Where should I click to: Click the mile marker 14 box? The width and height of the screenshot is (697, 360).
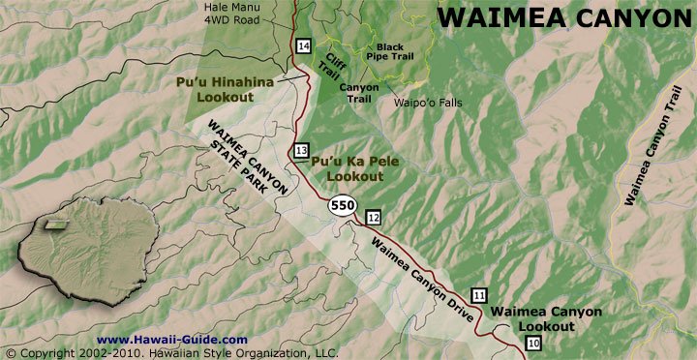(304, 47)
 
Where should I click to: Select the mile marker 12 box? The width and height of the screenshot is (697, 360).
(374, 216)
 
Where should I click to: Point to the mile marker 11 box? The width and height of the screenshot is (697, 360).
(479, 295)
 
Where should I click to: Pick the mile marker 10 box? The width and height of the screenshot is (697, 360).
(532, 344)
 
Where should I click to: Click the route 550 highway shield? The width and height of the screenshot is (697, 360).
(341, 206)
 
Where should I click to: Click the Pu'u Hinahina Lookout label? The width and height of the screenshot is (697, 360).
(226, 90)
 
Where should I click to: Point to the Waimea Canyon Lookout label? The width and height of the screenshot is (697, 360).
(546, 318)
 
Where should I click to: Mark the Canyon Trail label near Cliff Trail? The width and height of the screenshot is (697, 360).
(358, 92)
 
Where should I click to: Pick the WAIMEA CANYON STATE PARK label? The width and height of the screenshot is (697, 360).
(247, 160)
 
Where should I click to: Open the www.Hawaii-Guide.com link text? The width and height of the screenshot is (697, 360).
(172, 340)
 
